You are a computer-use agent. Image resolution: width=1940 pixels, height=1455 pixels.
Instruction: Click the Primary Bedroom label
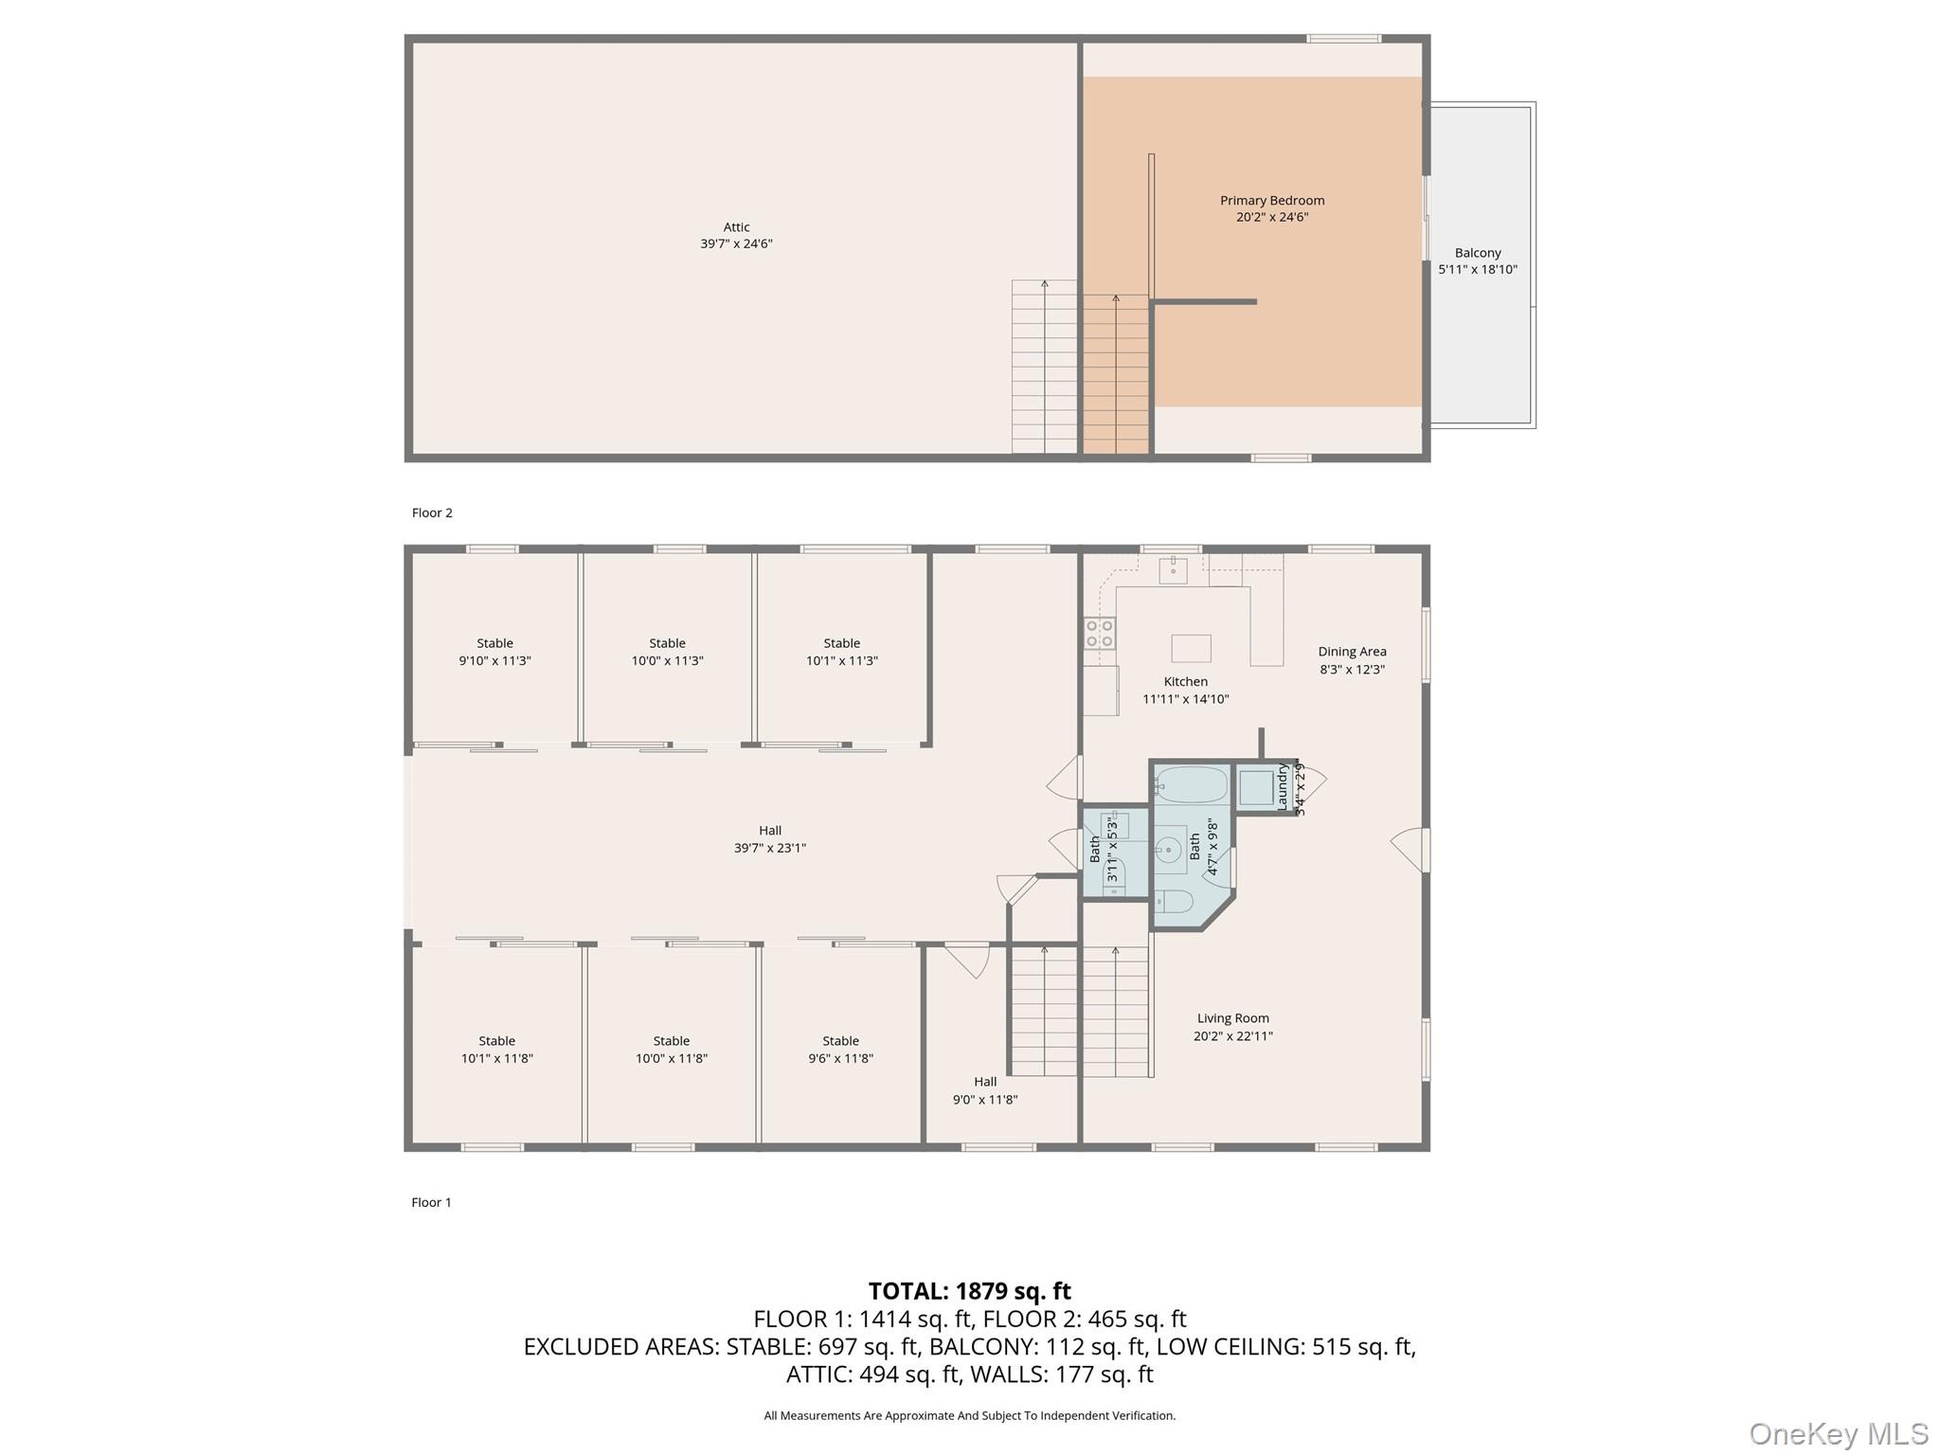(1271, 200)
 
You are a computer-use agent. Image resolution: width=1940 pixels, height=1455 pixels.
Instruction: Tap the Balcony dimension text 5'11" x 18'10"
(1477, 270)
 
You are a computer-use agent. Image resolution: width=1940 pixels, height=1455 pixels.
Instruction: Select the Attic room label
(736, 227)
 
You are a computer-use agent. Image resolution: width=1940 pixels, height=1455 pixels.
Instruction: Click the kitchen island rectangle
(1191, 648)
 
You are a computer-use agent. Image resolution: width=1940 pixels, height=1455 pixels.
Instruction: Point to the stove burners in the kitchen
(1100, 634)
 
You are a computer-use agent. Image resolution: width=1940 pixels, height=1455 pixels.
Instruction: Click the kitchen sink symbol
(1173, 569)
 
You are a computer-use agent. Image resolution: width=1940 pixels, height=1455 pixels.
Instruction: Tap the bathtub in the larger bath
(1191, 784)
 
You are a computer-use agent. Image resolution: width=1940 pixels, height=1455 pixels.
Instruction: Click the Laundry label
(1283, 787)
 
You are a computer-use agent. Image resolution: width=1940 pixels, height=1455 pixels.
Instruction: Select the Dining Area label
(1352, 652)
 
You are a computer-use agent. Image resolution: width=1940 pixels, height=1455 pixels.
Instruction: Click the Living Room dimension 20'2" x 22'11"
(1232, 1036)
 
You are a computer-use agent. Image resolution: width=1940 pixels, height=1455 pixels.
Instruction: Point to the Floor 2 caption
(432, 512)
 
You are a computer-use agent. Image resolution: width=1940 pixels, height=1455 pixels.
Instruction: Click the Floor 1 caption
(431, 1202)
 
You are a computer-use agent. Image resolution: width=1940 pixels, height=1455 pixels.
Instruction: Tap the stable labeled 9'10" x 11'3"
(494, 652)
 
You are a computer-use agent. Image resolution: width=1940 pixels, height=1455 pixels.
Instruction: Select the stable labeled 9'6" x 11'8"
(840, 1050)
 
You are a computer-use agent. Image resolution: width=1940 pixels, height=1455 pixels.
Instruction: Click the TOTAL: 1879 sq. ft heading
(969, 1291)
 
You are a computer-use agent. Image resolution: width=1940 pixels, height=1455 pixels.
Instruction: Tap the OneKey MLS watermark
(1838, 1434)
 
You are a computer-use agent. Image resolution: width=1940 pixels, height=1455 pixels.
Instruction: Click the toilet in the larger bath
(1174, 902)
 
